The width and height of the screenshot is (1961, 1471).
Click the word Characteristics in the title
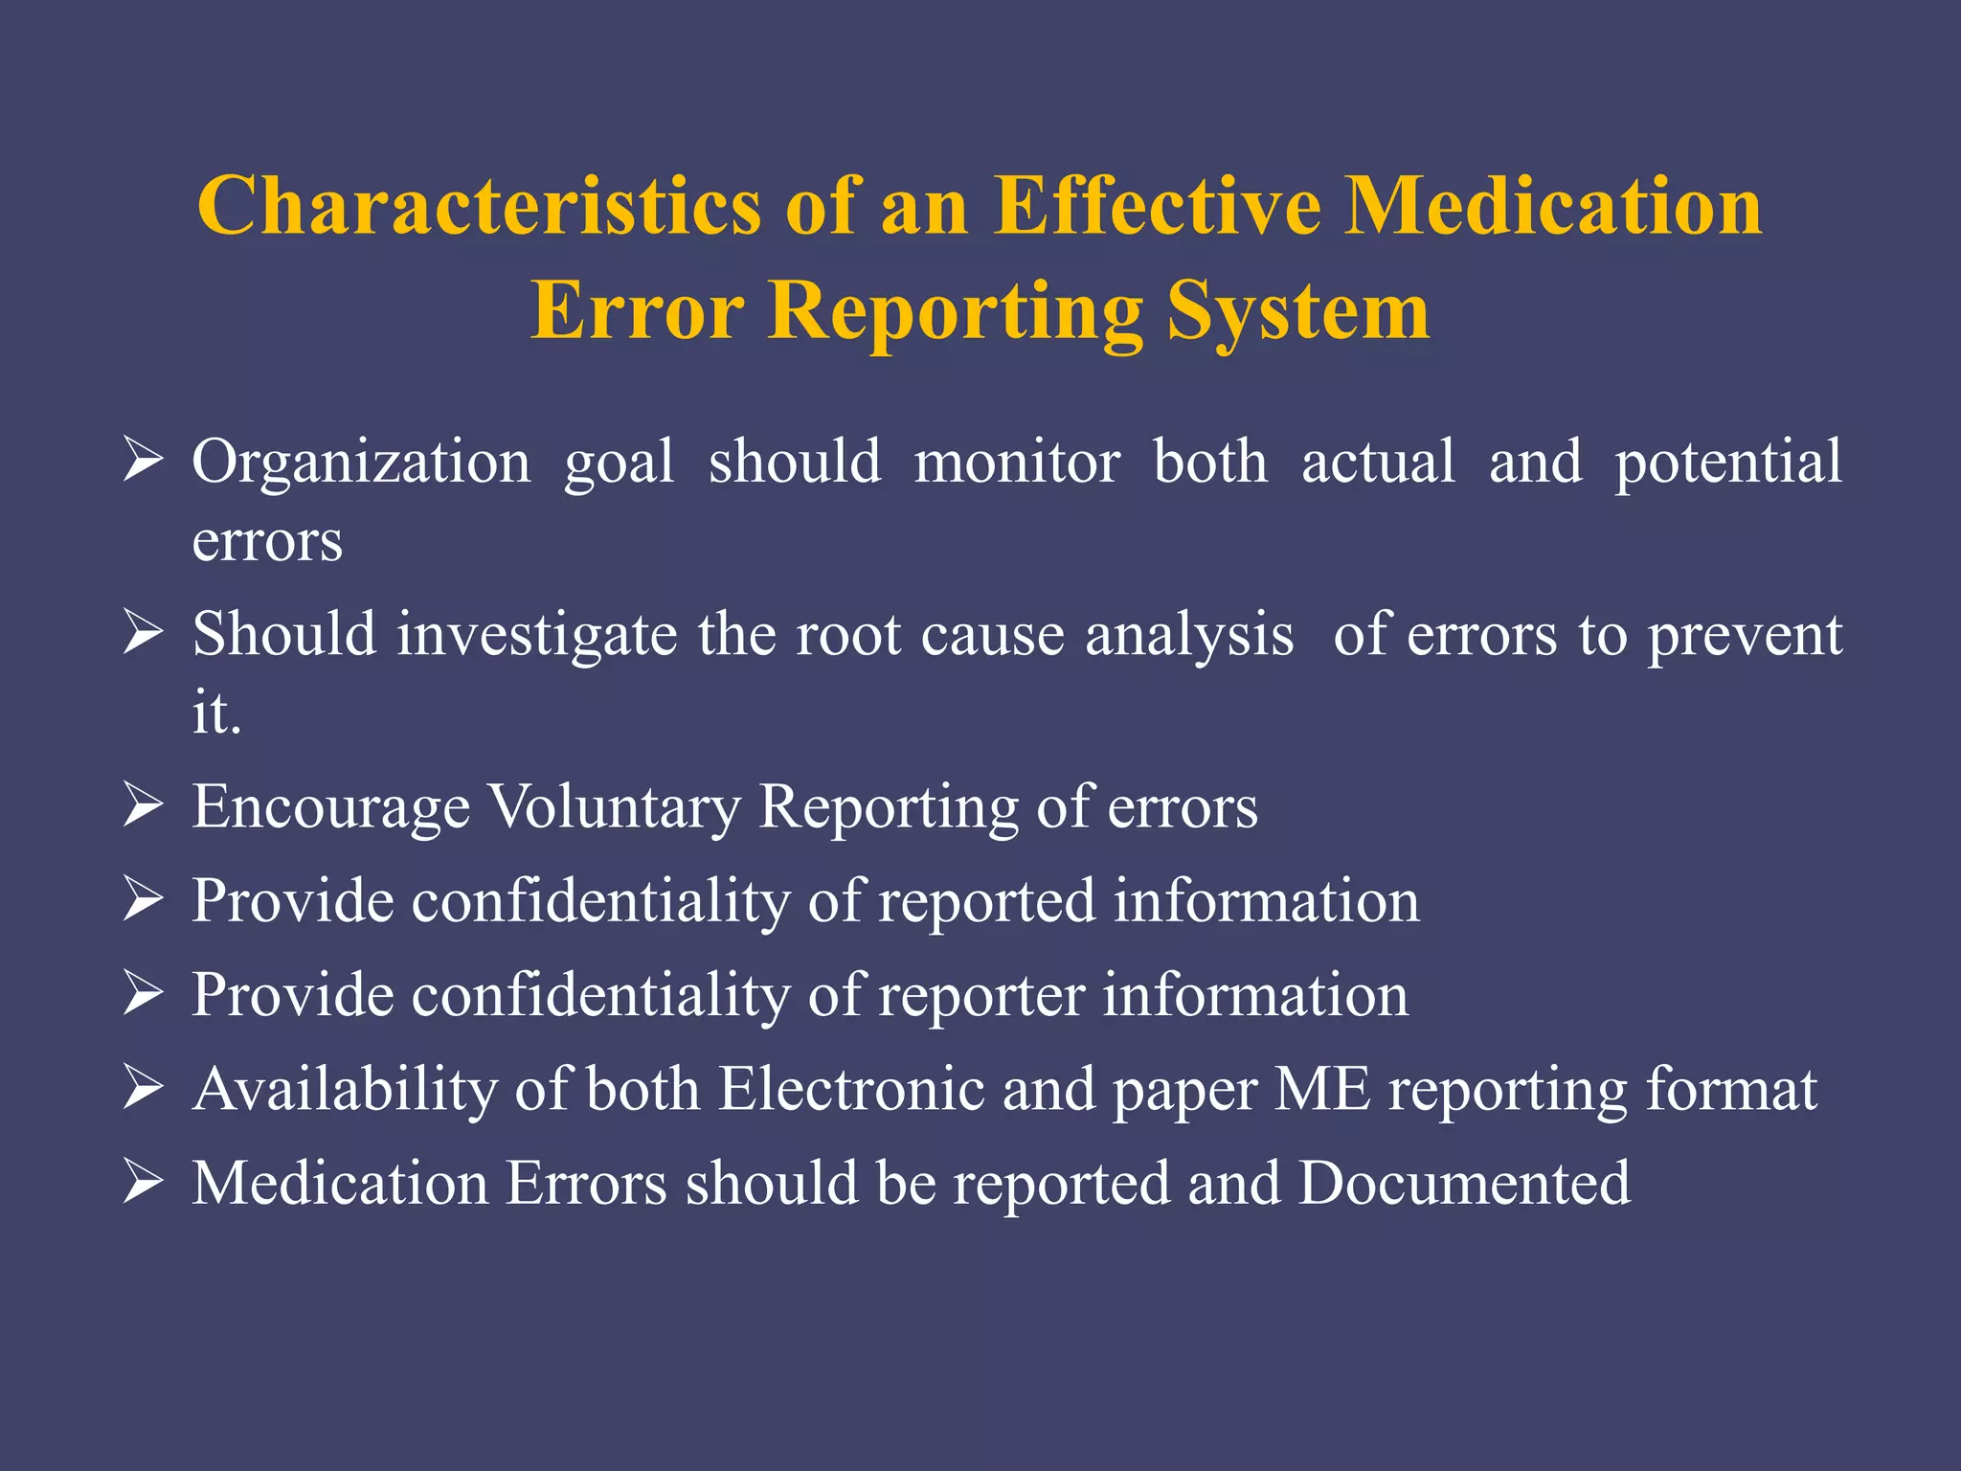pyautogui.click(x=479, y=206)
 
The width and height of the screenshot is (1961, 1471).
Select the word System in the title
pyautogui.click(x=1298, y=312)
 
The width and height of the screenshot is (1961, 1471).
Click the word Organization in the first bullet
pyautogui.click(x=361, y=463)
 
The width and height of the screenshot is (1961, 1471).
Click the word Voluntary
pyautogui.click(x=615, y=807)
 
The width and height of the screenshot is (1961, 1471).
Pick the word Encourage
pyautogui.click(x=331, y=807)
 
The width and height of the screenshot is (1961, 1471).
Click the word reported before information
pyautogui.click(x=986, y=902)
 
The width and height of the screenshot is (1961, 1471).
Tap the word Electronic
pyautogui.click(x=851, y=1090)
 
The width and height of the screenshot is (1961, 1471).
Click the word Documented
pyautogui.click(x=1464, y=1184)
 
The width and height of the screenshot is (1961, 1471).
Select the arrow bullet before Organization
pyautogui.click(x=143, y=461)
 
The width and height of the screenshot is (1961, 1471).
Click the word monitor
pyautogui.click(x=1017, y=463)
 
